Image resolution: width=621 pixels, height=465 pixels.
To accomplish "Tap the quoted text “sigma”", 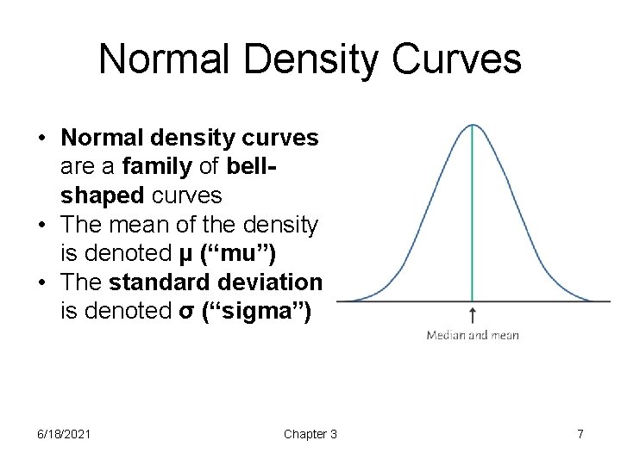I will (x=265, y=313).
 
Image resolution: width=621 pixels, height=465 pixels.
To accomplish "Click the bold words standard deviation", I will (x=216, y=283).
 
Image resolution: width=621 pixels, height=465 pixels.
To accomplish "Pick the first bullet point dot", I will (x=41, y=138).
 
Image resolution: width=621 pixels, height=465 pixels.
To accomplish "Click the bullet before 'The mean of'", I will (x=41, y=226).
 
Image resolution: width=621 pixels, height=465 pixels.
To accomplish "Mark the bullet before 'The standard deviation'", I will (x=41, y=283).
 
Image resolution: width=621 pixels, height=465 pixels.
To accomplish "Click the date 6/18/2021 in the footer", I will (x=63, y=434).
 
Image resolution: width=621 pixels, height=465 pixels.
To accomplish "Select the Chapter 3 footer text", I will (x=310, y=434).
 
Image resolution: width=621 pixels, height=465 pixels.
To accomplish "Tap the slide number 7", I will (x=580, y=434).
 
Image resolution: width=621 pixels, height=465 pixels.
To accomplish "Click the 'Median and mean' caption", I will (x=473, y=335).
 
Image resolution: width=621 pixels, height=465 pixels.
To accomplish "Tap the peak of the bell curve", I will (x=473, y=126).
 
